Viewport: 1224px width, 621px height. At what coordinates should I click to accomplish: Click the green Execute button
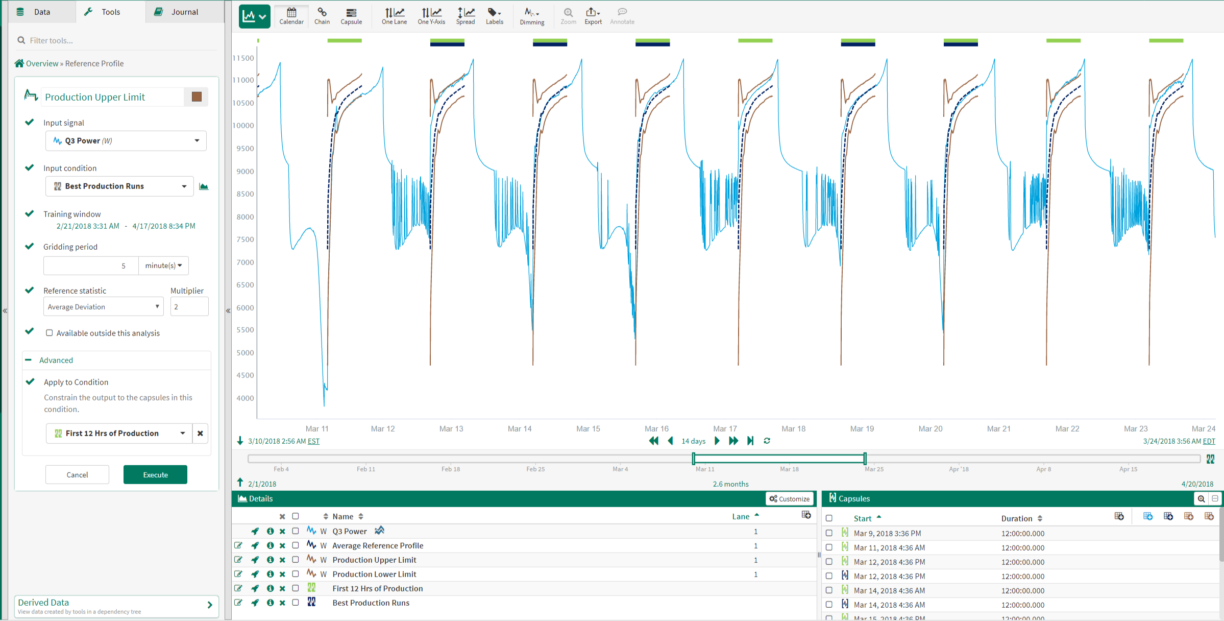coord(155,474)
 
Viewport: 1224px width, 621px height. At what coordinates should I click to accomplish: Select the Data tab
coord(41,12)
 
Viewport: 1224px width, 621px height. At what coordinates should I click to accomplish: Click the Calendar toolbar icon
coord(291,16)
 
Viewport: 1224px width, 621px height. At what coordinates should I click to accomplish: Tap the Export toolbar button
coord(593,16)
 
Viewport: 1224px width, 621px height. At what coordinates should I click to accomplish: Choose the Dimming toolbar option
coord(532,16)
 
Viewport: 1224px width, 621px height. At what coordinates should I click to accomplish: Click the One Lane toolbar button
coord(394,16)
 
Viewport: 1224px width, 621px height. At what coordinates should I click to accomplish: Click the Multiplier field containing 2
coord(189,307)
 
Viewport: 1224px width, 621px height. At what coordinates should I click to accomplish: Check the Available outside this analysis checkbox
coord(50,333)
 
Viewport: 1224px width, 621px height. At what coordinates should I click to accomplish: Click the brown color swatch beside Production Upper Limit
coord(197,97)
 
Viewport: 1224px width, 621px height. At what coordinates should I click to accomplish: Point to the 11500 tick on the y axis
coord(243,58)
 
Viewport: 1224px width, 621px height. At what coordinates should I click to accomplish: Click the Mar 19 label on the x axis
coord(862,428)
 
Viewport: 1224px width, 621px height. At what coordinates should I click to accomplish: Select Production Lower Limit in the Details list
coord(374,574)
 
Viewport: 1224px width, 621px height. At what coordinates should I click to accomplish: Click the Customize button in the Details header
coord(789,499)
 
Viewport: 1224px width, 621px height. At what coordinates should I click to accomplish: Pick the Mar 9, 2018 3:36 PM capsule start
coord(887,533)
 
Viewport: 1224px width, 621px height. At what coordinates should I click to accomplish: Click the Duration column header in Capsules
coord(1016,518)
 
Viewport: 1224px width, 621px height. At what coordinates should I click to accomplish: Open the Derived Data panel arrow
coord(210,605)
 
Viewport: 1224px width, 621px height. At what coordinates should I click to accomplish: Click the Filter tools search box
coord(117,40)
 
